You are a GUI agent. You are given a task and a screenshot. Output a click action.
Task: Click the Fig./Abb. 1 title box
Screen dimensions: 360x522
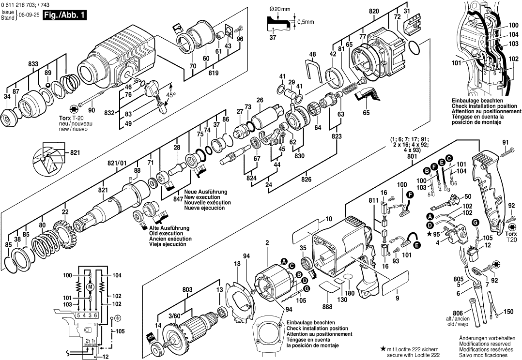click(x=64, y=15)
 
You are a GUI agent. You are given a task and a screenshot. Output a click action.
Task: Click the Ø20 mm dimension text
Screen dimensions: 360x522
click(x=278, y=9)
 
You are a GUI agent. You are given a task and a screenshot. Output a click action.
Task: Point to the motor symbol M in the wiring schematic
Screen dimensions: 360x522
click(x=89, y=287)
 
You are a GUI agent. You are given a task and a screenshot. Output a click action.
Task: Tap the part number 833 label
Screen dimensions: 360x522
click(x=33, y=63)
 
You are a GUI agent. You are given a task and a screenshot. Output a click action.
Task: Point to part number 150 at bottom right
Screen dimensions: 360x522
click(x=508, y=312)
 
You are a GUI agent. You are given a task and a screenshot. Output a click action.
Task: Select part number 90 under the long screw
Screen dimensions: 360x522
click(x=92, y=110)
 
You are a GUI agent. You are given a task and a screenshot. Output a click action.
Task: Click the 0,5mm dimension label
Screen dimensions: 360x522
click(x=306, y=22)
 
